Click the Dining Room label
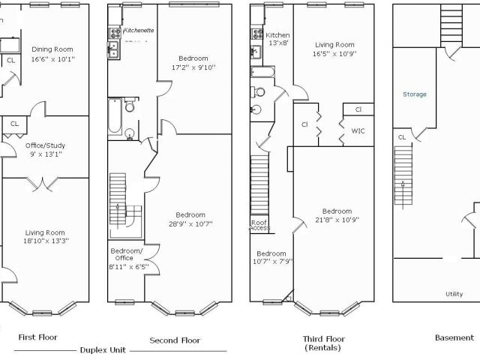point(52,49)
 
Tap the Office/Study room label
point(45,145)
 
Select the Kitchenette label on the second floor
point(138,30)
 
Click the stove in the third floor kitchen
point(257,34)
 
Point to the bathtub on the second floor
point(115,115)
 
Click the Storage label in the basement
point(415,94)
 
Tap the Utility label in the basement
point(454,294)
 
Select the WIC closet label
point(358,131)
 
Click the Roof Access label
point(259,225)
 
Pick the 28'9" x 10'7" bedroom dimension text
point(190,224)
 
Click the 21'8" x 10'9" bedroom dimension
point(337,220)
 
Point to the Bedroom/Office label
point(127,254)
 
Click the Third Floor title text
point(324,339)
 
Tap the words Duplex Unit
point(103,350)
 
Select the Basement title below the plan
point(454,337)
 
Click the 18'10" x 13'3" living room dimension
point(46,241)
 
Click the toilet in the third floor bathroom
point(258,91)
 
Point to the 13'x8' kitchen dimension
point(278,43)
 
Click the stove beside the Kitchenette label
point(115,33)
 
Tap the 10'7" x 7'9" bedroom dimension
point(273,262)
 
